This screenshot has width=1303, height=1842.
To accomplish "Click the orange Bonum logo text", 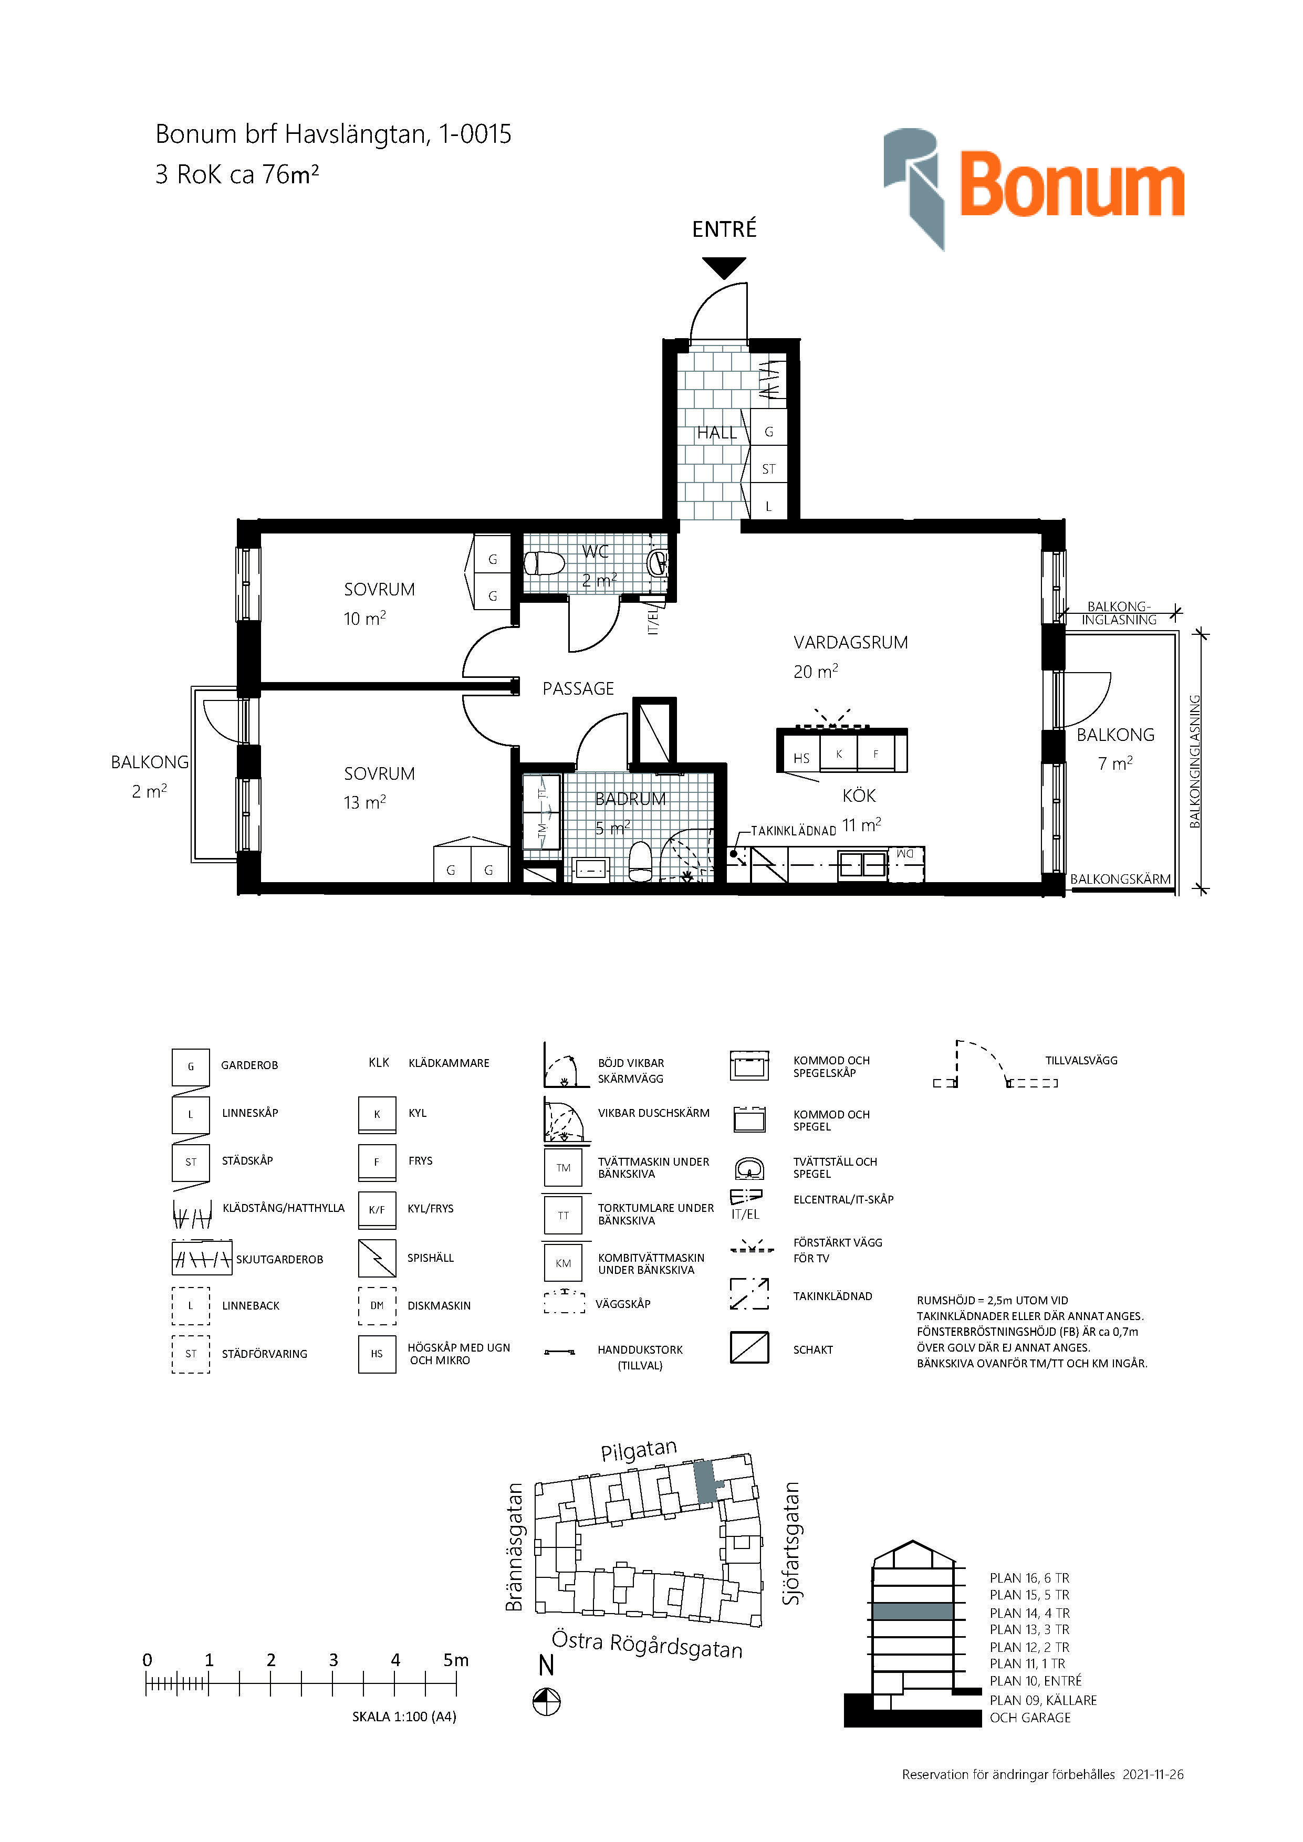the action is (x=1072, y=186).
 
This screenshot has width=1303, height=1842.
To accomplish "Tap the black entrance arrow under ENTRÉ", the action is (x=724, y=268).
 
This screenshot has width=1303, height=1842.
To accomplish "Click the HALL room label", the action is (x=716, y=433).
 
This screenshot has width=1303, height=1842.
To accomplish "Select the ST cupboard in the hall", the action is (x=769, y=469).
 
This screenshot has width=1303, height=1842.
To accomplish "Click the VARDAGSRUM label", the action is (x=850, y=643).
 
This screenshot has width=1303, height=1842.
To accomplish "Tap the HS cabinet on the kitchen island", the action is (x=801, y=757).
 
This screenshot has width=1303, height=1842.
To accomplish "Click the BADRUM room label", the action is (x=631, y=799).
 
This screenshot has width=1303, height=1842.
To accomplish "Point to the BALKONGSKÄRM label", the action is (x=1120, y=880).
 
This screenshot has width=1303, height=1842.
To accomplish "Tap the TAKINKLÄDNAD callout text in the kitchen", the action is (x=794, y=831).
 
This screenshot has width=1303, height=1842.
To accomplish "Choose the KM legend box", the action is (x=563, y=1263).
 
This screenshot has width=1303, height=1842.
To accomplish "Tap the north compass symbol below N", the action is (x=546, y=1702).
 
